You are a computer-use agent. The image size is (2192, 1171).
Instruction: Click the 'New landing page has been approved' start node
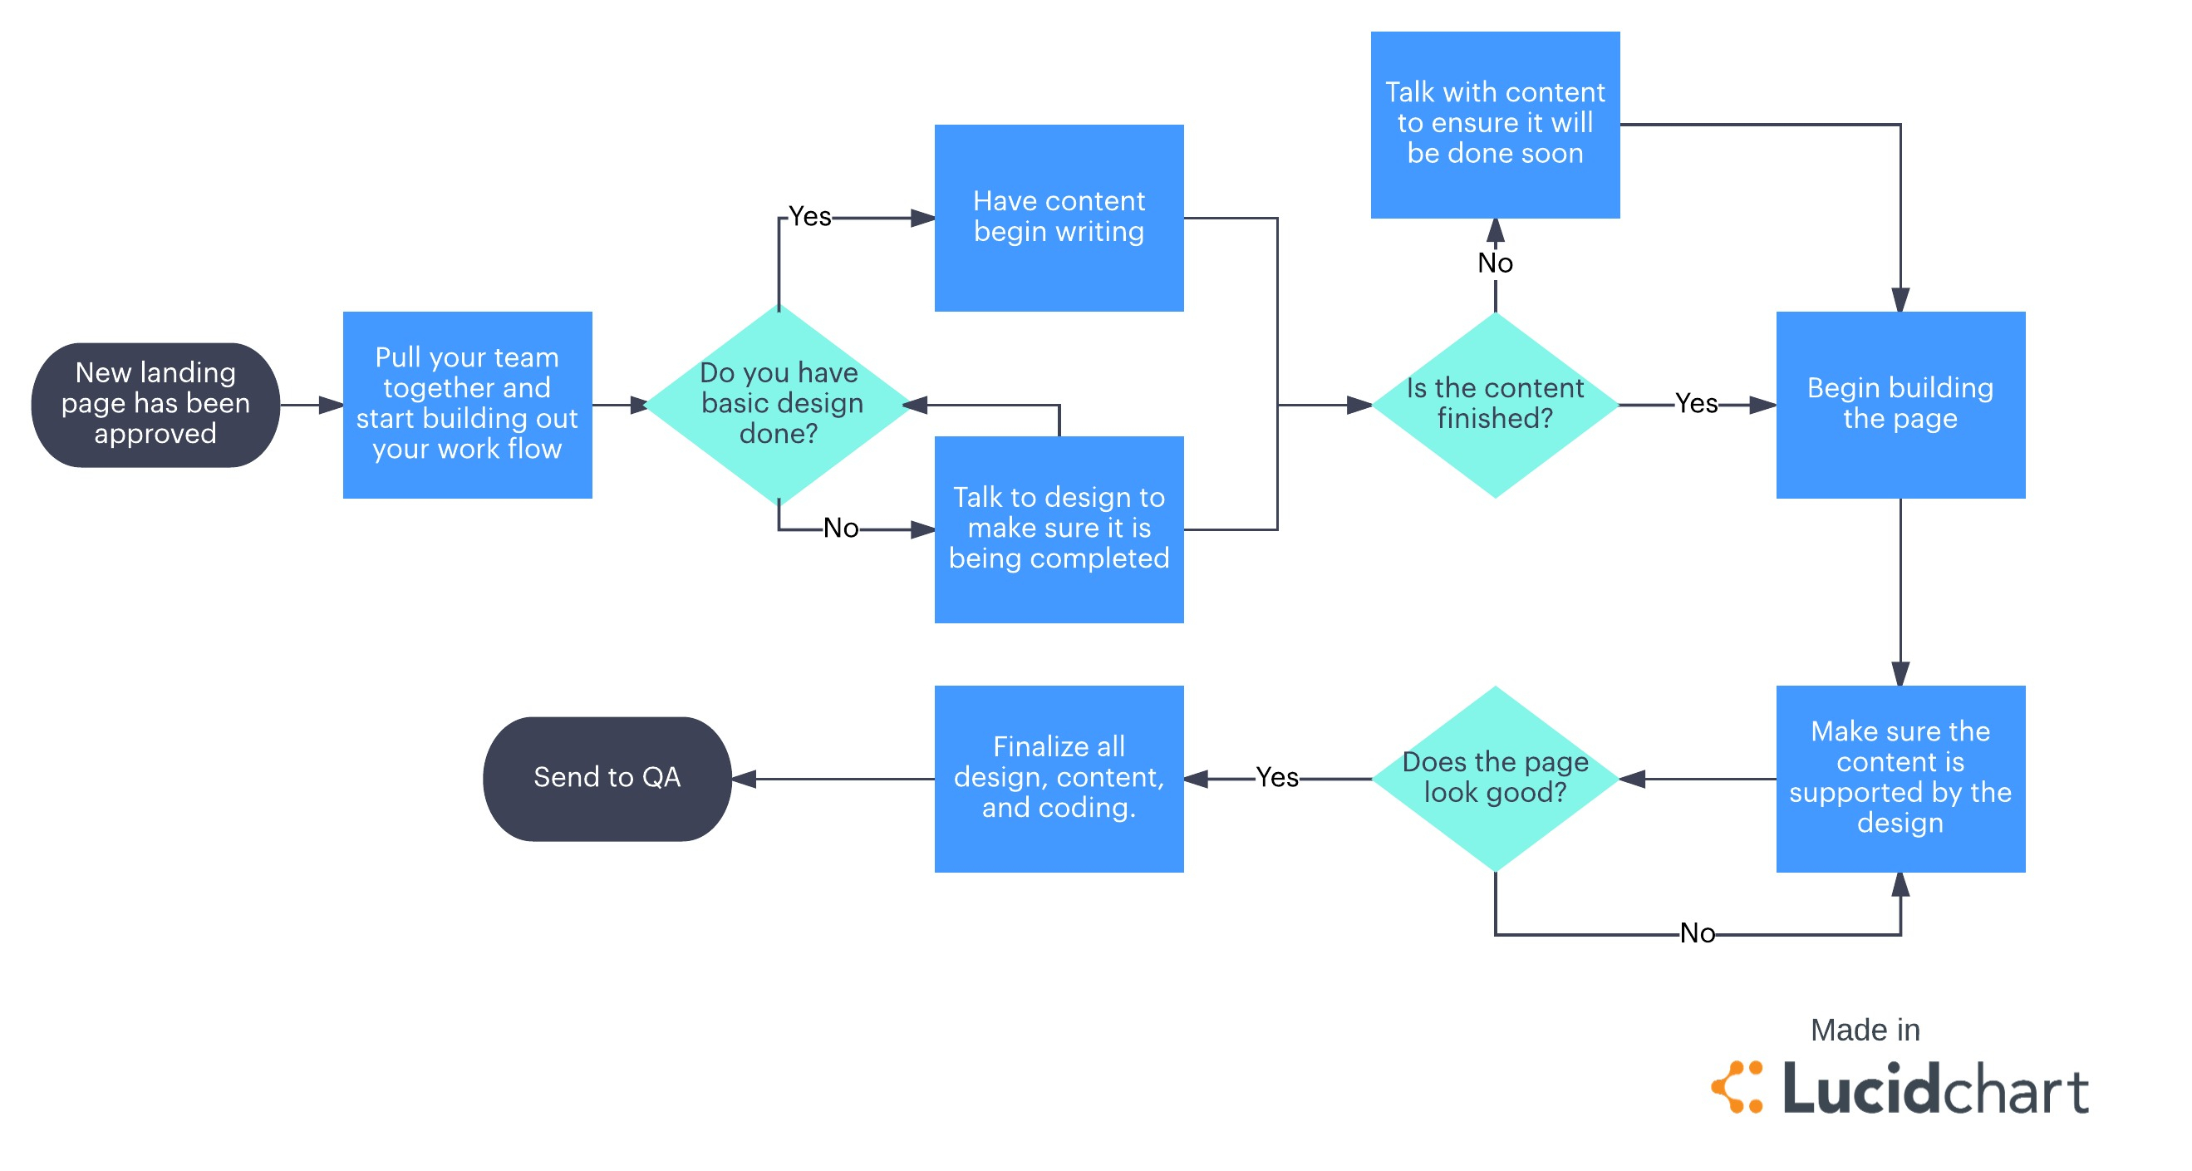(155, 404)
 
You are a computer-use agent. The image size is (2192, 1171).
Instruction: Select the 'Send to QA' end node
(607, 778)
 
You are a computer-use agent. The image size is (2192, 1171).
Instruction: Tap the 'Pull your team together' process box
(467, 404)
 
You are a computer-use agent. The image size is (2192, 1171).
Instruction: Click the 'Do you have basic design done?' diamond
(779, 404)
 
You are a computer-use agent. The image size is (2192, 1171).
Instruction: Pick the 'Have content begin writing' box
(1059, 218)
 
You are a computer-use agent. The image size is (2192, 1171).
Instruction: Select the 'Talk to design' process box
(1059, 529)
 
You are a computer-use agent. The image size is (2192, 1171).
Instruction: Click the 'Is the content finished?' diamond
(1495, 404)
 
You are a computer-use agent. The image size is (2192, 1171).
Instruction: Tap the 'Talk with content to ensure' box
(1495, 125)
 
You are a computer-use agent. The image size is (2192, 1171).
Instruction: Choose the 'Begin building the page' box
(1900, 404)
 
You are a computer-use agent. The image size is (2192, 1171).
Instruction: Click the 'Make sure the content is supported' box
(1900, 778)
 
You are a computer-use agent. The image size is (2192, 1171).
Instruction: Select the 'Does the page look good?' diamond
(1495, 778)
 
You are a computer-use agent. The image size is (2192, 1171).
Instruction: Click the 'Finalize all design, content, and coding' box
(1059, 778)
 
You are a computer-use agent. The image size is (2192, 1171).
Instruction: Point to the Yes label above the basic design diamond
(809, 217)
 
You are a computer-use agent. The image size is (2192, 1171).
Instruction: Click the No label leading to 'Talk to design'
(841, 529)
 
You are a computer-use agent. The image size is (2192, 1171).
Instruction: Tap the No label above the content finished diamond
(1495, 263)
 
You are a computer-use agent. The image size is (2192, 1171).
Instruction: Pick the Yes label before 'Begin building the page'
(1696, 404)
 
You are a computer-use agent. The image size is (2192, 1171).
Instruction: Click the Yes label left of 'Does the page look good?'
(1276, 778)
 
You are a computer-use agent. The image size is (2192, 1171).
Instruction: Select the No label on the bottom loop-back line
(1697, 933)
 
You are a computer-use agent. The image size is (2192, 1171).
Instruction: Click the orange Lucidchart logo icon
(1737, 1087)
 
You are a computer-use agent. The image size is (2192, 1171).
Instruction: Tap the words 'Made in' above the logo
(1865, 1030)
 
